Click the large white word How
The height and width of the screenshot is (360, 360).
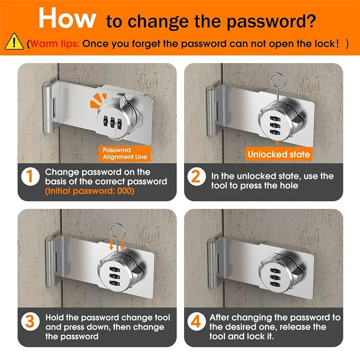(67, 18)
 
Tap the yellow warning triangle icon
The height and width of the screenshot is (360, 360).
(14, 41)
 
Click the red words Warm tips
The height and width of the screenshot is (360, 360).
(54, 43)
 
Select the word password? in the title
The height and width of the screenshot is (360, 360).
(271, 22)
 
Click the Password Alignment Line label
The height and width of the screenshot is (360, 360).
(125, 153)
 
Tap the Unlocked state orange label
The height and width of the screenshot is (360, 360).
(279, 154)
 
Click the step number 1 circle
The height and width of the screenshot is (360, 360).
(30, 176)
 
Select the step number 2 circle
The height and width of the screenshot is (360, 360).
(196, 176)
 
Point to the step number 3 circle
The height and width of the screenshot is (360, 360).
(30, 322)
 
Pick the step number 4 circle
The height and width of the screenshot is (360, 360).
(196, 321)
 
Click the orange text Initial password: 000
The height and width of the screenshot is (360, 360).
(90, 191)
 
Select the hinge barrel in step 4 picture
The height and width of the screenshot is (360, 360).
(212, 263)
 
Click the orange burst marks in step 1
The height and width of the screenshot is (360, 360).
(98, 100)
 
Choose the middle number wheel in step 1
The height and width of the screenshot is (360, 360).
(112, 122)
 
